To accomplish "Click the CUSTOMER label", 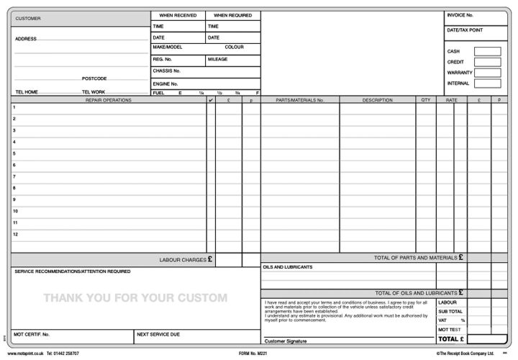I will [x=28, y=18].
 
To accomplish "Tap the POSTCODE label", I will [x=94, y=78].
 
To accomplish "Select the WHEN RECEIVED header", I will [x=178, y=15].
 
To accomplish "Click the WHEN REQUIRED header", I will [x=232, y=15].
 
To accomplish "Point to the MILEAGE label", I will [x=217, y=59].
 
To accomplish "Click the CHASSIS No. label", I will [x=166, y=71].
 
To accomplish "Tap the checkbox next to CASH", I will [x=487, y=51].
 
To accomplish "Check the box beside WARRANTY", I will [x=487, y=73].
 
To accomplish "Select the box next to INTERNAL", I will [x=487, y=84].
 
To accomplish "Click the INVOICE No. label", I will [x=460, y=15].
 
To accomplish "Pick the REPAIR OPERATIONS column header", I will [x=109, y=100].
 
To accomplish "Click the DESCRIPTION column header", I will [x=377, y=100].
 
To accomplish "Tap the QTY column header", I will [x=425, y=100].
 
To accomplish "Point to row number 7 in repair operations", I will [x=14, y=176].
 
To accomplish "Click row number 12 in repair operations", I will [x=15, y=234].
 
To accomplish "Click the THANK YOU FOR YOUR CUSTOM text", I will [x=135, y=297].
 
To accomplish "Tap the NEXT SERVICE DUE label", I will [x=158, y=335].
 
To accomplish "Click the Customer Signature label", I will [x=285, y=341].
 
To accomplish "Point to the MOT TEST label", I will [x=449, y=329].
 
